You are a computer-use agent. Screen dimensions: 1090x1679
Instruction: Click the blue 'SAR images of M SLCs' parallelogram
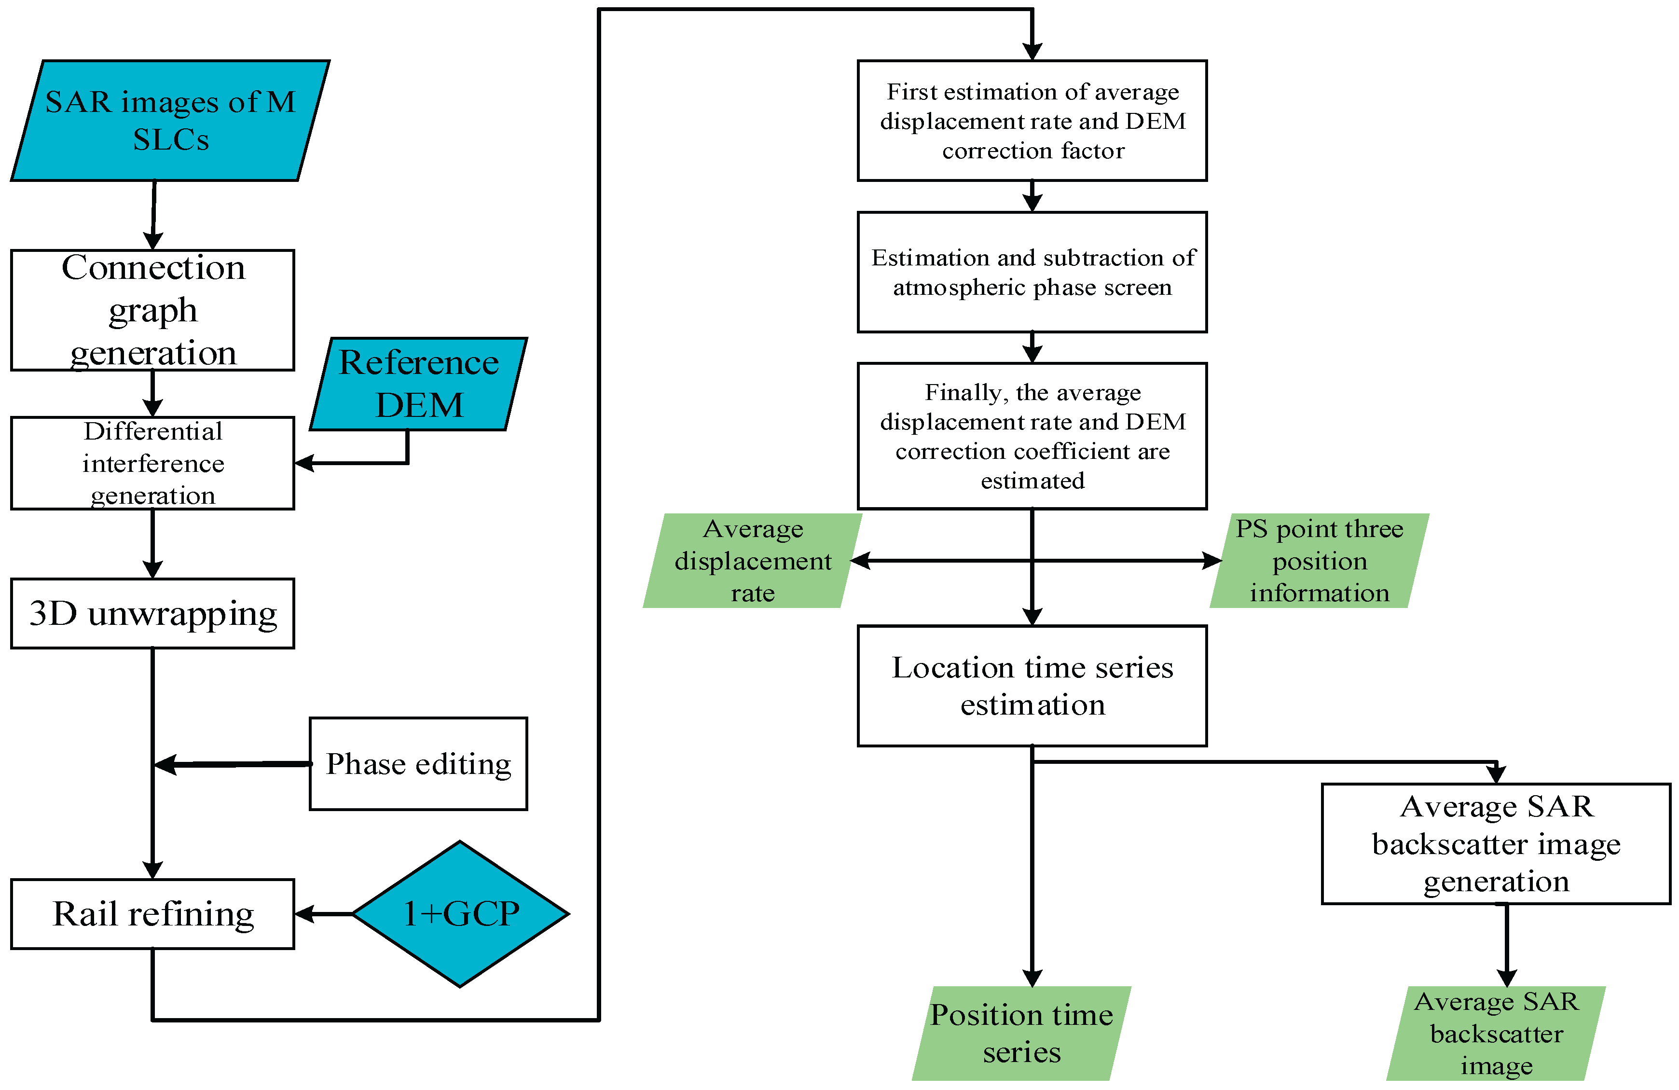pyautogui.click(x=170, y=121)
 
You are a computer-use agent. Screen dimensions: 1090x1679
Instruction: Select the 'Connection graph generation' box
pyautogui.click(x=152, y=310)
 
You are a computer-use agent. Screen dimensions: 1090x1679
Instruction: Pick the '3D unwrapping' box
pyautogui.click(x=152, y=613)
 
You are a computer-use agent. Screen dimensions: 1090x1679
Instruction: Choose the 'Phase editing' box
pyautogui.click(x=418, y=763)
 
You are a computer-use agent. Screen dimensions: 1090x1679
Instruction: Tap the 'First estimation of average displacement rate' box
pyautogui.click(x=1032, y=121)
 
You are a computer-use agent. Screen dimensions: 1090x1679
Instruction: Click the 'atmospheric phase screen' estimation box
pyautogui.click(x=1032, y=272)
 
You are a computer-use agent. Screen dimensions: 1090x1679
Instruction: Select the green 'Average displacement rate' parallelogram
pyautogui.click(x=752, y=560)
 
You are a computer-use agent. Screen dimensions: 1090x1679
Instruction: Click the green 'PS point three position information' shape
pyautogui.click(x=1319, y=560)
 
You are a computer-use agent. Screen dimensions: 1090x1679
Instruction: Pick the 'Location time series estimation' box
pyautogui.click(x=1032, y=685)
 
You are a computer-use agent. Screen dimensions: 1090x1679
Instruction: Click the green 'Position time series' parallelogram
pyautogui.click(x=1021, y=1033)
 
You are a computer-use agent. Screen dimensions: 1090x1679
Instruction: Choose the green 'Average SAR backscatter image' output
pyautogui.click(x=1496, y=1033)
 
